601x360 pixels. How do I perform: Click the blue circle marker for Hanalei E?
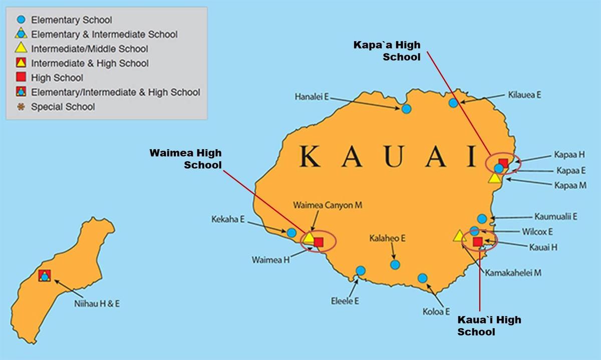(x=406, y=109)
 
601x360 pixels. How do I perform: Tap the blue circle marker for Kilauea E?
(x=453, y=103)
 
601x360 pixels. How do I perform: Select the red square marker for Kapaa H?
(x=503, y=163)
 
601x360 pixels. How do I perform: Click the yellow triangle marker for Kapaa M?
(x=495, y=178)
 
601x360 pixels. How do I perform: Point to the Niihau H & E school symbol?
(x=45, y=275)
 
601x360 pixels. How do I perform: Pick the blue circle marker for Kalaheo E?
(x=395, y=264)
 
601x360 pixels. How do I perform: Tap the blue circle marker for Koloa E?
(x=422, y=278)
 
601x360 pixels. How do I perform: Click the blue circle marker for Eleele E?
(x=361, y=271)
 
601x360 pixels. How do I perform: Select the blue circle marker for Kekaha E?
(x=291, y=232)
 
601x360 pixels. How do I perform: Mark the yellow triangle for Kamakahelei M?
(x=459, y=236)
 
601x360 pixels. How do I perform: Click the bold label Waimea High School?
(x=185, y=159)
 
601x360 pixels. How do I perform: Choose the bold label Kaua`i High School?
(x=489, y=326)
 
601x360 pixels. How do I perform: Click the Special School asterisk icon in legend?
(x=21, y=107)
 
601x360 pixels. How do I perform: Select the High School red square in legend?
(x=21, y=78)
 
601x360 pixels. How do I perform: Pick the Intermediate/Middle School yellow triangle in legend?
(x=21, y=49)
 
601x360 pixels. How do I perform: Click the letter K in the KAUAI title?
(x=311, y=156)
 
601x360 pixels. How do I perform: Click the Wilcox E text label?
(x=536, y=232)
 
